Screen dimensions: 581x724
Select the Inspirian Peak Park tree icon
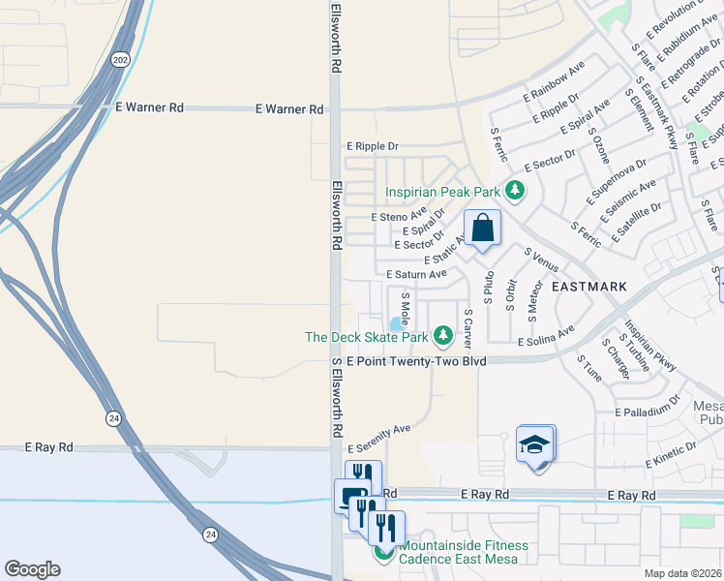pos(516,189)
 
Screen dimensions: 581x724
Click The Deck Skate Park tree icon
pos(443,336)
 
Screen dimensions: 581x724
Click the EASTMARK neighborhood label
pos(589,287)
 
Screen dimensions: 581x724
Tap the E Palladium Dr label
pos(654,413)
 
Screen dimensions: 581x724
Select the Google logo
pos(32,569)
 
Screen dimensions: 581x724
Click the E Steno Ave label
pos(399,217)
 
